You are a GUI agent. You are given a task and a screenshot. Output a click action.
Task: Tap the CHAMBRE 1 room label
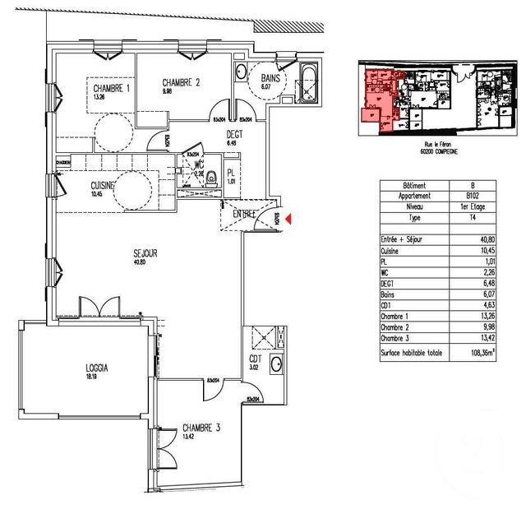(x=110, y=89)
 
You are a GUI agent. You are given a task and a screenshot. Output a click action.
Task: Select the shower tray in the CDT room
(x=266, y=336)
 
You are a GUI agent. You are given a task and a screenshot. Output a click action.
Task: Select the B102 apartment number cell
(x=469, y=197)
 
